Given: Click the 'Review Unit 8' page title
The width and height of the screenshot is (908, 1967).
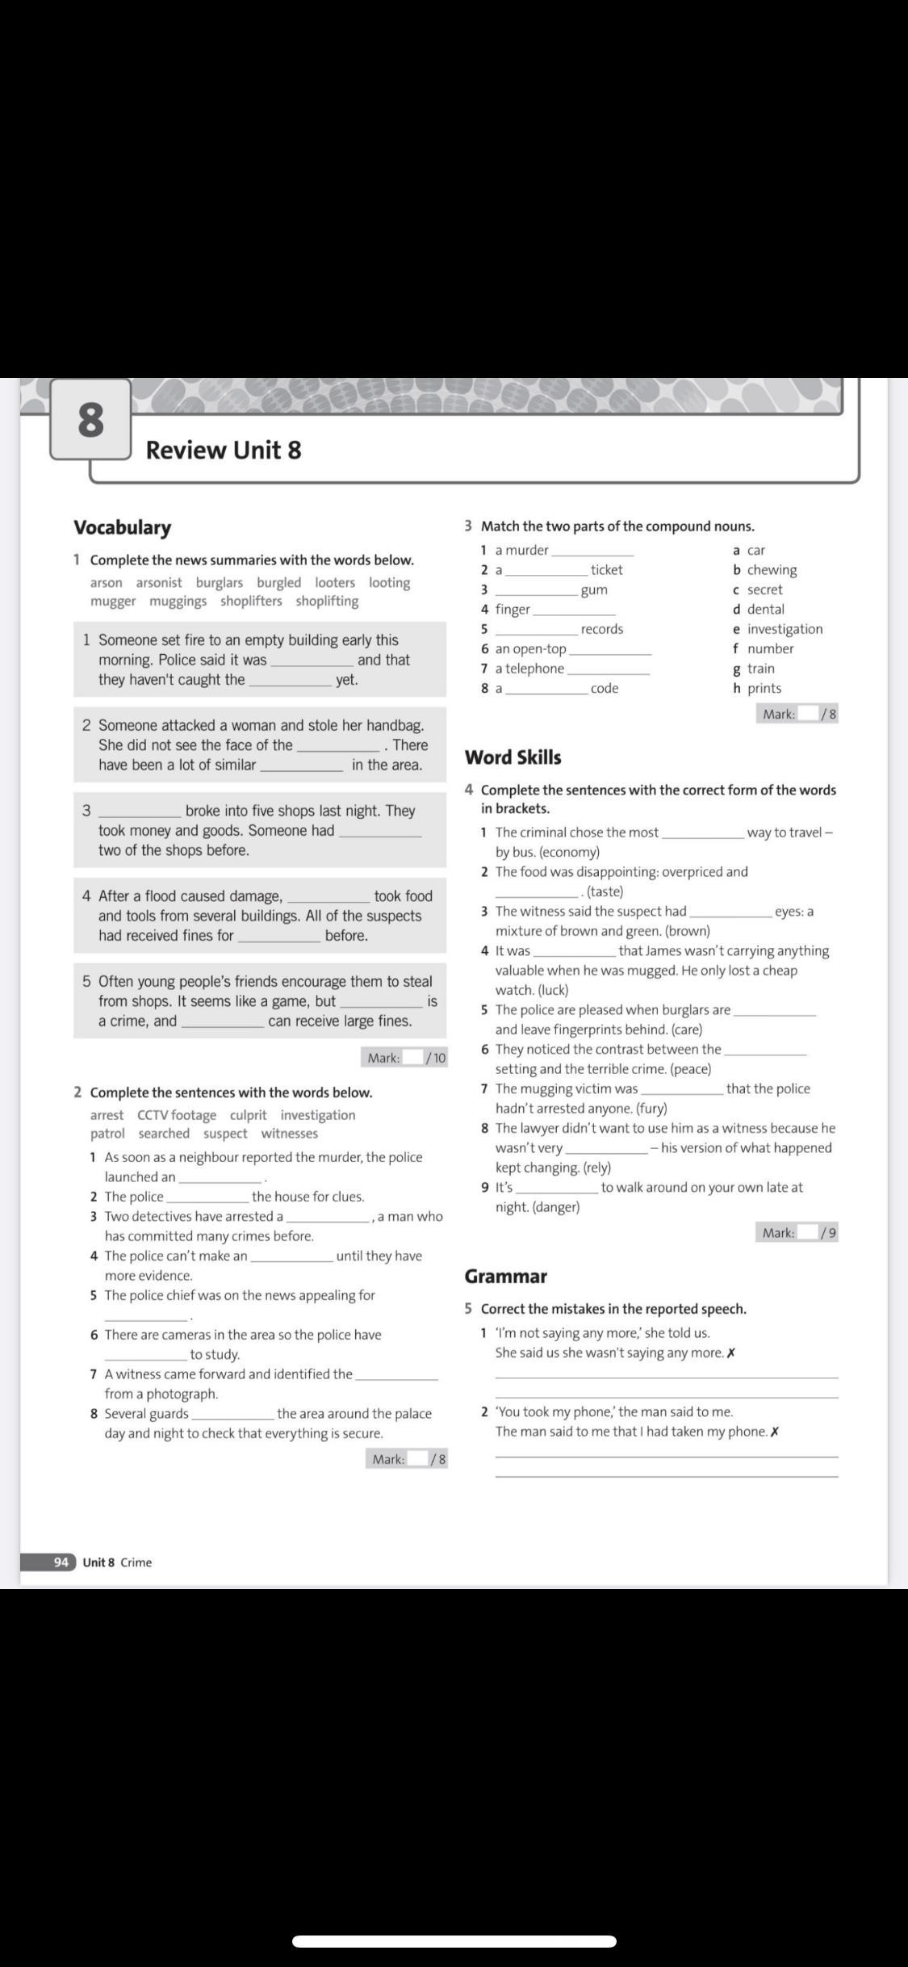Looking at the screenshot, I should pyautogui.click(x=223, y=450).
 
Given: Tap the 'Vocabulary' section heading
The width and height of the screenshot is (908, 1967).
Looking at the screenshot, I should pyautogui.click(x=123, y=527).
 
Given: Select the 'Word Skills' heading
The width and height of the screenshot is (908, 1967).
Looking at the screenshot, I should pyautogui.click(x=513, y=757).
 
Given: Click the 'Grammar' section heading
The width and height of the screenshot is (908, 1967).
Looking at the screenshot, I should pyautogui.click(x=505, y=1276).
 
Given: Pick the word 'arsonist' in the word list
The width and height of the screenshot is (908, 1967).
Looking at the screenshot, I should pyautogui.click(x=159, y=582).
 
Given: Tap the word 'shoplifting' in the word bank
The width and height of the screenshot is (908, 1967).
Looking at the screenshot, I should pyautogui.click(x=327, y=601).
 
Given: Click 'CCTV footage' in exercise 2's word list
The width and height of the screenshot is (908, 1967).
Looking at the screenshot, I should pyautogui.click(x=177, y=1114).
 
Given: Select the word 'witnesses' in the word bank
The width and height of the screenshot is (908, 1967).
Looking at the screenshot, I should pyautogui.click(x=289, y=1133).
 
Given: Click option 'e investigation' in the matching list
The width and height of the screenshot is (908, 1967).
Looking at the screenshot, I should pyautogui.click(x=777, y=629).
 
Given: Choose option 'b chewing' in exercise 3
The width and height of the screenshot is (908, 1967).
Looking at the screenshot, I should pyautogui.click(x=764, y=569).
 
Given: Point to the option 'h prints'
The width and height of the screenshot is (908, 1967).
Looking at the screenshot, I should pyautogui.click(x=757, y=688).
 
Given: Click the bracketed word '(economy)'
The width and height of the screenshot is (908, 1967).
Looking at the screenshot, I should pyautogui.click(x=569, y=852).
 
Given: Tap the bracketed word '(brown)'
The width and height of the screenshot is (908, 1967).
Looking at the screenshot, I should pyautogui.click(x=687, y=931).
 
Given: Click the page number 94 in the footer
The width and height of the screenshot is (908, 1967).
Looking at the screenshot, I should pyautogui.click(x=61, y=1562).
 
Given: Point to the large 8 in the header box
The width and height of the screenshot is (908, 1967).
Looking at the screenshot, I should pyautogui.click(x=90, y=420).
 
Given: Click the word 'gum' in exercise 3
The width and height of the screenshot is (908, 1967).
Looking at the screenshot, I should pyautogui.click(x=594, y=589).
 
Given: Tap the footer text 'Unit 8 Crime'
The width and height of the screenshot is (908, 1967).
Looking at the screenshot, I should pyautogui.click(x=117, y=1562).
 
